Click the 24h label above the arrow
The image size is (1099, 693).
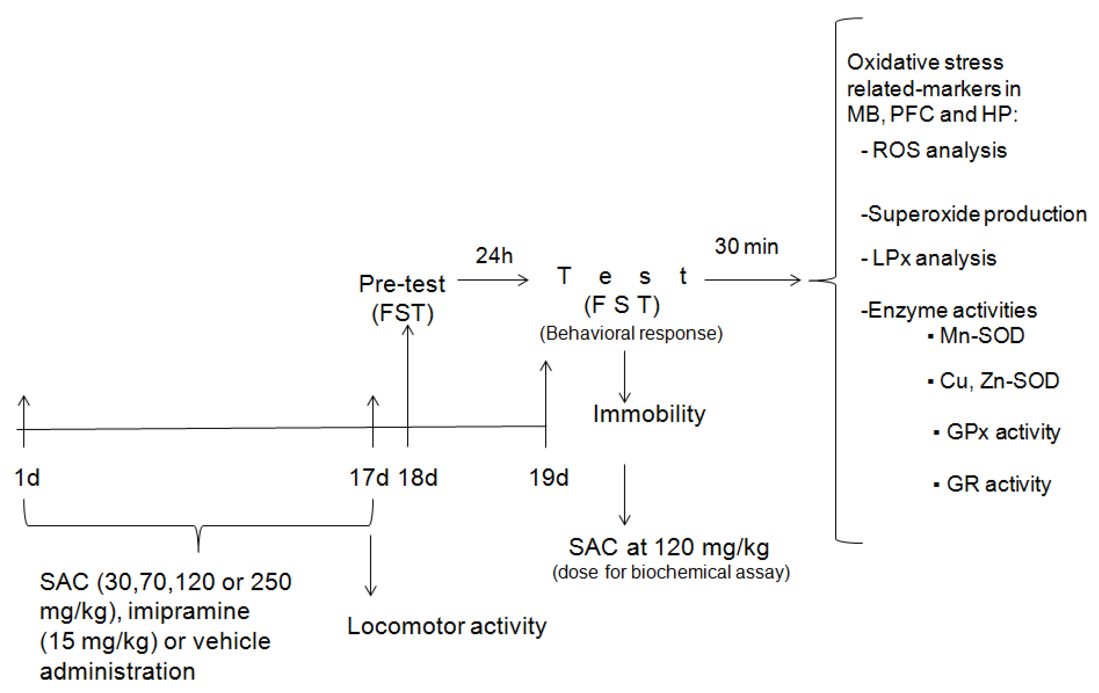(494, 256)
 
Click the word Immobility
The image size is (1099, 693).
(649, 414)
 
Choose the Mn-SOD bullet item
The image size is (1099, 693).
(981, 336)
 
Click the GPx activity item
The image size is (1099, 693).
(1003, 432)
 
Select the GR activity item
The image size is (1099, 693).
(998, 484)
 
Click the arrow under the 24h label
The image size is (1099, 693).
(493, 280)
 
